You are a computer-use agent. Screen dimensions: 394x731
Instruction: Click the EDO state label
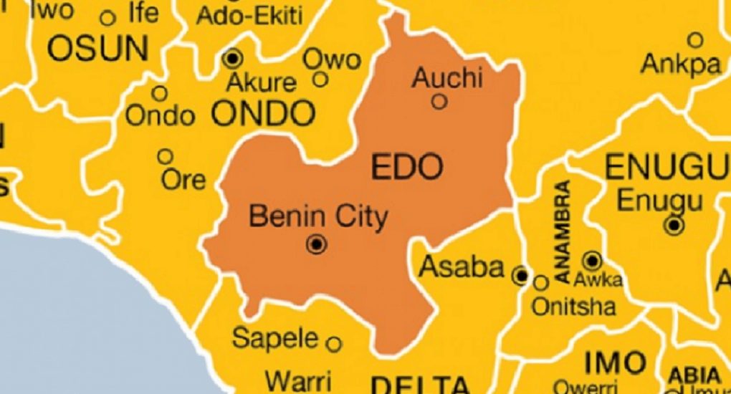coord(408,167)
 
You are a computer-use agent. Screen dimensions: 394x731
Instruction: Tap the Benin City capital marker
coord(317,245)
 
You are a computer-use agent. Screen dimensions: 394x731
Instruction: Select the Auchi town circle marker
coord(439,102)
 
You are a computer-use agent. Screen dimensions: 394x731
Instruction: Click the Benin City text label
coord(317,216)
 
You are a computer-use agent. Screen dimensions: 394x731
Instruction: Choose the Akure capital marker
coord(233,58)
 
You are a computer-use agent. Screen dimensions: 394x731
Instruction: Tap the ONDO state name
coord(264,113)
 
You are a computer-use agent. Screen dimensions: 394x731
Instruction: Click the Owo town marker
coord(320,79)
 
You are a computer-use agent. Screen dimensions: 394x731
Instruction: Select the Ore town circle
coord(166,156)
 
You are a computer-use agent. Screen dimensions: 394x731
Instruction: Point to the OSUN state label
coord(97,49)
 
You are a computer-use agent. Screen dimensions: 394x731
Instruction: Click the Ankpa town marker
coord(695,39)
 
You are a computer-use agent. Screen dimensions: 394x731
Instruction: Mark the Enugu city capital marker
coord(674,226)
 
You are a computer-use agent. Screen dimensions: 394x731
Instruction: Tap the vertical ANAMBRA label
coord(563,231)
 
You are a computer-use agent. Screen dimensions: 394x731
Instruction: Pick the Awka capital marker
coord(592,260)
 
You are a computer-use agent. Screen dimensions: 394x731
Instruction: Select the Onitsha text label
coord(573,307)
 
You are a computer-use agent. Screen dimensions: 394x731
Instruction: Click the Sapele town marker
coord(334,344)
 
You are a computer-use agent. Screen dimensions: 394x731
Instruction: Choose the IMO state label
coord(614,363)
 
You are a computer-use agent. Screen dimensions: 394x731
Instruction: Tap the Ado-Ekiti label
coord(249,14)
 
